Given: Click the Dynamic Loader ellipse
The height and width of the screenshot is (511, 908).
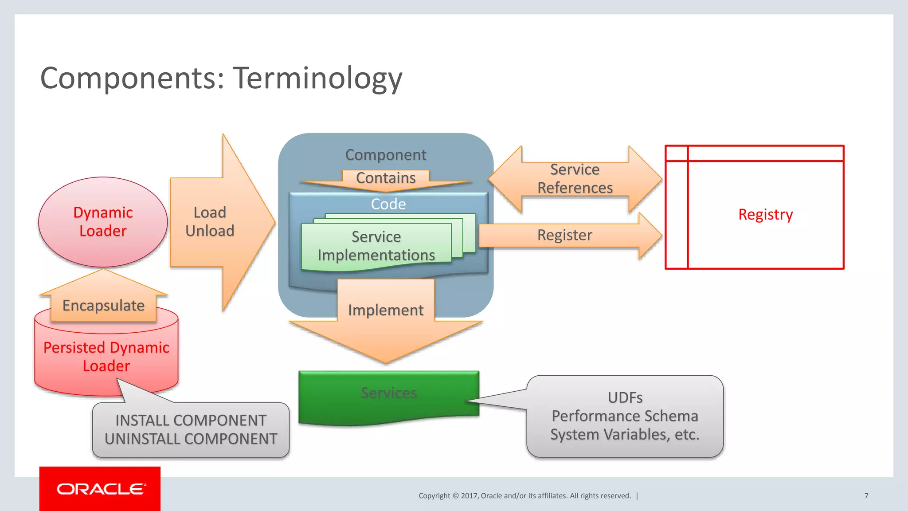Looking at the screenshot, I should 103,222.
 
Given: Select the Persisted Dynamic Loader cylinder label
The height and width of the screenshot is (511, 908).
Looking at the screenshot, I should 106,357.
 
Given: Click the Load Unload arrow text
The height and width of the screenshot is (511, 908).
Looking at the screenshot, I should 210,222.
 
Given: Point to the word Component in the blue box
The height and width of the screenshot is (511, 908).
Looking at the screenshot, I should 386,155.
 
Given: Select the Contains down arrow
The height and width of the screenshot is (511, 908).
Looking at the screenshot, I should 386,178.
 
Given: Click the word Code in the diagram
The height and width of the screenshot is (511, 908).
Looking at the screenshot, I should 388,204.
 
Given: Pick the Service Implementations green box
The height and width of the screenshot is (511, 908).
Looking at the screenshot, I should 376,246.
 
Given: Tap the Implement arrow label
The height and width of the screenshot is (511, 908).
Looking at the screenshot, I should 386,310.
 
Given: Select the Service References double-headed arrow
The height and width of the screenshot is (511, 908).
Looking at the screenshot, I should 575,179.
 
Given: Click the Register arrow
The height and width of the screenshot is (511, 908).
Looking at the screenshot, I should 565,235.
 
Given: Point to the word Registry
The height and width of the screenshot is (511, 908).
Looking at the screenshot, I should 765,215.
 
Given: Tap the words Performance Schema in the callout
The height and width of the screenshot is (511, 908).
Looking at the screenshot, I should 625,416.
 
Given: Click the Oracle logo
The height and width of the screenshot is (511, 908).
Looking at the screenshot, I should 100,489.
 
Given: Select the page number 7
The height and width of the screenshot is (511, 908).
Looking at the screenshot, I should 866,495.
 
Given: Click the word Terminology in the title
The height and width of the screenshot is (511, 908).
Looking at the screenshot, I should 317,79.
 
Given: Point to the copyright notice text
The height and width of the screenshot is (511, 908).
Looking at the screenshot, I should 524,495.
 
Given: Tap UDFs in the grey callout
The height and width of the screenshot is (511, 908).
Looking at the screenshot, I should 625,397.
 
